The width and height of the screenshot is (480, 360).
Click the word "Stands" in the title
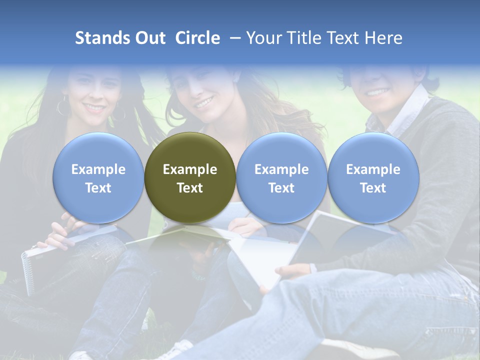click(102, 38)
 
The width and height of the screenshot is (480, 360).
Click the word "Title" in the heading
click(304, 38)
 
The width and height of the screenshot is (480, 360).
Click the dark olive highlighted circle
click(190, 178)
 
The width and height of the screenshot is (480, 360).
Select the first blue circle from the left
click(98, 178)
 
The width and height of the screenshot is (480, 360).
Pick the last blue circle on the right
click(373, 178)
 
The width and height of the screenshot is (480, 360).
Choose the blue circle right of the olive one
click(281, 178)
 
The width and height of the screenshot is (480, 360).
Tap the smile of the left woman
click(94, 107)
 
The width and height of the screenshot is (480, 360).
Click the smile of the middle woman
click(204, 103)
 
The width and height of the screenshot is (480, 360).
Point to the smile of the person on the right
click(377, 92)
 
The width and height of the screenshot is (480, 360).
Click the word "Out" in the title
click(150, 38)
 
